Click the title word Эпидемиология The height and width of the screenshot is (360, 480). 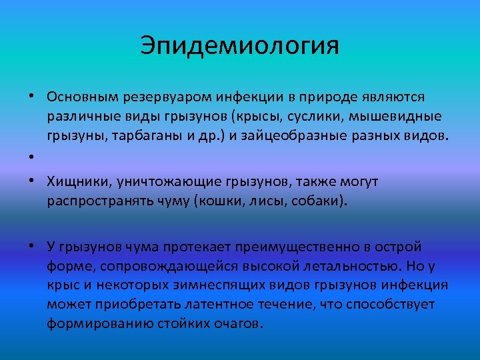(239, 46)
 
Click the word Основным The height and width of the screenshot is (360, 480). (83, 97)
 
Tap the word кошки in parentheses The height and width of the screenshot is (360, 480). (221, 201)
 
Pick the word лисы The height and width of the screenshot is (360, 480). (269, 201)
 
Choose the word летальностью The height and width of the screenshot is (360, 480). (363, 266)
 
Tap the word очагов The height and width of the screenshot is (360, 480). (239, 324)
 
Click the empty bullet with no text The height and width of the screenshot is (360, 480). (32, 157)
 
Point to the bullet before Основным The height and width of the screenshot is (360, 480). (32, 97)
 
